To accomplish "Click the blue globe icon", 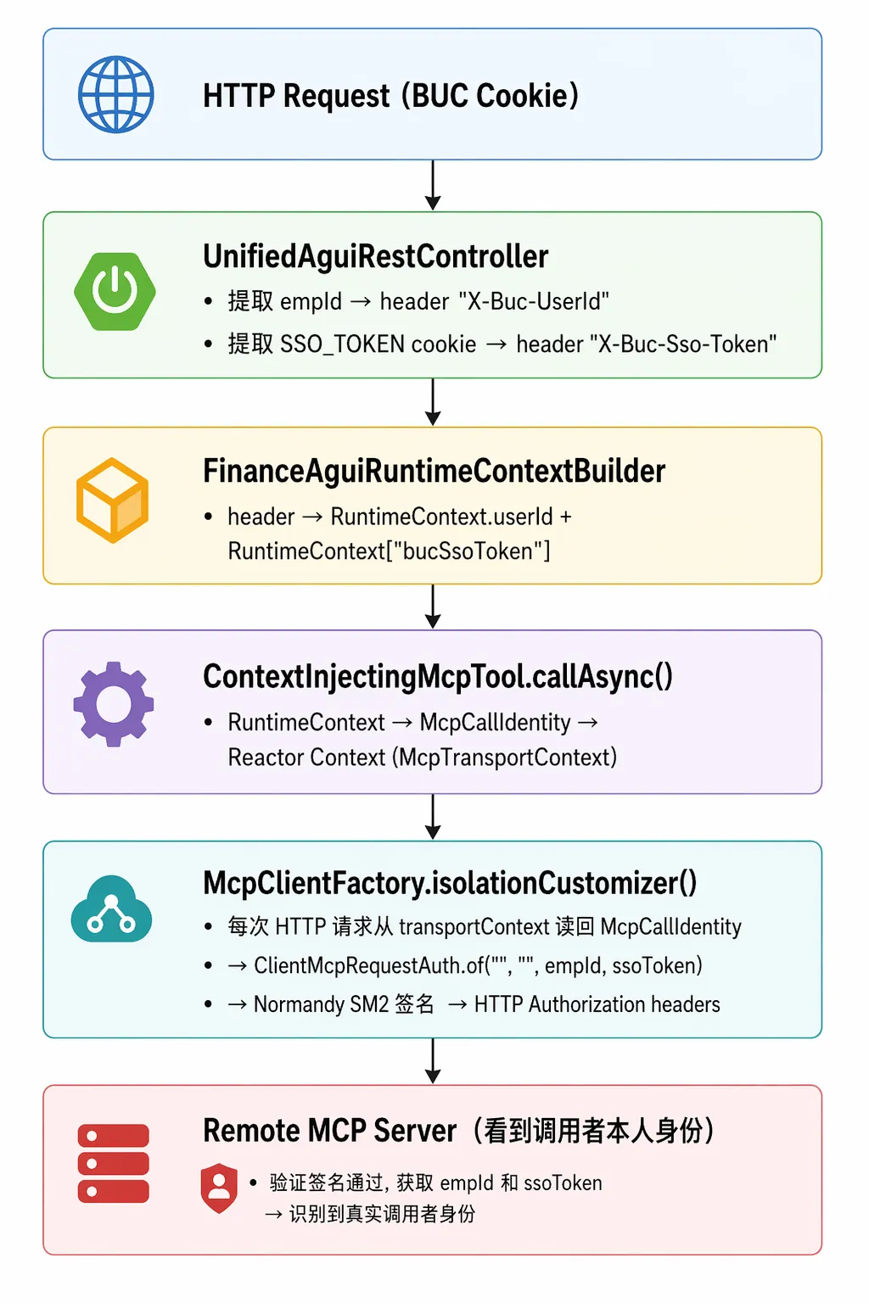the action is (115, 94).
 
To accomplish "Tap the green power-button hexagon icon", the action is (115, 291).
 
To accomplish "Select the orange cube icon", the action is (112, 501).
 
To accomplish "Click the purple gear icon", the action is (114, 704).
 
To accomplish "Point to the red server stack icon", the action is (114, 1163).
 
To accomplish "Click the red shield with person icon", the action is (219, 1188).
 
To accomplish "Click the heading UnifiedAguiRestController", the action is (375, 256).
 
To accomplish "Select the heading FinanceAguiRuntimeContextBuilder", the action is (434, 471).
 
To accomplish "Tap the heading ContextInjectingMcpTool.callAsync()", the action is (438, 676).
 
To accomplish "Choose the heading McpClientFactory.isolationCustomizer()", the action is (449, 883).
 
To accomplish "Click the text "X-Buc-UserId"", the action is (534, 301).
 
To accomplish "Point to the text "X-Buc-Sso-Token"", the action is (683, 344).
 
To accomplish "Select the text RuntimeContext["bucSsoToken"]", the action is (389, 551).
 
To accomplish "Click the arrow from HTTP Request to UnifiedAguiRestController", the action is (433, 185).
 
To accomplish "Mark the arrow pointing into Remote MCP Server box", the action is (433, 1061).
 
